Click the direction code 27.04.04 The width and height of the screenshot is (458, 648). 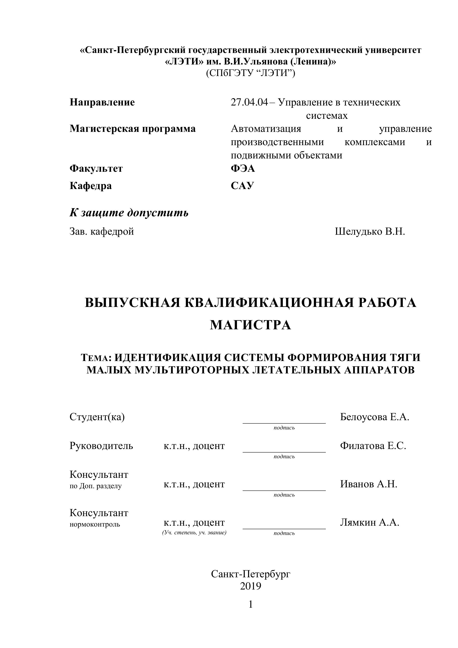pyautogui.click(x=249, y=102)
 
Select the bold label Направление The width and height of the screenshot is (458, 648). pyautogui.click(x=102, y=102)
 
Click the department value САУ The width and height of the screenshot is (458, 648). pyautogui.click(x=242, y=186)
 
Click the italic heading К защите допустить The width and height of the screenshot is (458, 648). pyautogui.click(x=129, y=213)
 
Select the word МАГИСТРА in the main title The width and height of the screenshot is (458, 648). pyautogui.click(x=250, y=325)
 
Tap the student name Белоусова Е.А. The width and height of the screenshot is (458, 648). pyautogui.click(x=375, y=417)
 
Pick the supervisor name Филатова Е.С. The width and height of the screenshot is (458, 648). pyautogui.click(x=373, y=446)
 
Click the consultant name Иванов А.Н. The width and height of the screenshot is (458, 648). pyautogui.click(x=368, y=484)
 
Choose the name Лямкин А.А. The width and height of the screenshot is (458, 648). pyautogui.click(x=369, y=522)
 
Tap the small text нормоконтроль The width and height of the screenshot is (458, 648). pyautogui.click(x=95, y=524)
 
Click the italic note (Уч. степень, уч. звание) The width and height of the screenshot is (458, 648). pyautogui.click(x=194, y=533)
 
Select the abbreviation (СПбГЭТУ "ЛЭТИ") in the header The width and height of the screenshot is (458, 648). pyautogui.click(x=250, y=73)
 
